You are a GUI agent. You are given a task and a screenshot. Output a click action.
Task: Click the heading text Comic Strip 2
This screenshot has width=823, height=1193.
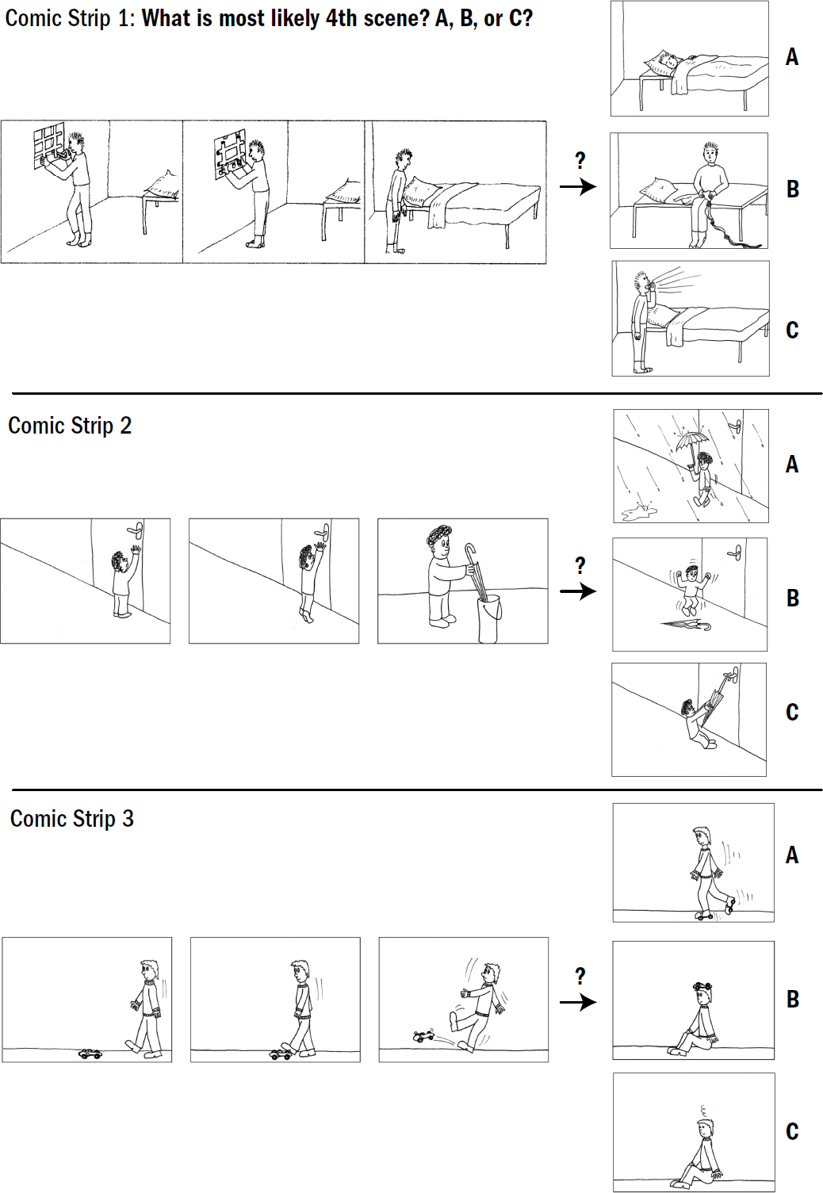pyautogui.click(x=70, y=426)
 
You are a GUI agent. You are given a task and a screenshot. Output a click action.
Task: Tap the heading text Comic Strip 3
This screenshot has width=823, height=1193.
pyautogui.click(x=72, y=819)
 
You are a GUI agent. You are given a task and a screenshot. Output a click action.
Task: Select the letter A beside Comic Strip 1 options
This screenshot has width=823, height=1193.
pyautogui.click(x=792, y=57)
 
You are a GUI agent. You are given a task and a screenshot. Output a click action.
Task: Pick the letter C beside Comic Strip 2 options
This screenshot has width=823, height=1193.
pyautogui.click(x=792, y=712)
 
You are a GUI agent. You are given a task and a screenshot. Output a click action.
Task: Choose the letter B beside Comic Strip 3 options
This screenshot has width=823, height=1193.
pyautogui.click(x=793, y=999)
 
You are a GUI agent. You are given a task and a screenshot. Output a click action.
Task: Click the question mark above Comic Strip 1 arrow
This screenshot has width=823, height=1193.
pyautogui.click(x=580, y=160)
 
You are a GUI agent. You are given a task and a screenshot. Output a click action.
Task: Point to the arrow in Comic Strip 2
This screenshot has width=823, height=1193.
pyautogui.click(x=578, y=591)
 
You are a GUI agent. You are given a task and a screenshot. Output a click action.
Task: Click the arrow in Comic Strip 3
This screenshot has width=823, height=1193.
pyautogui.click(x=578, y=1002)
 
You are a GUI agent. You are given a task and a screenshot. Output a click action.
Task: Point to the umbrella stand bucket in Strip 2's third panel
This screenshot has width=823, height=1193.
pyautogui.click(x=489, y=618)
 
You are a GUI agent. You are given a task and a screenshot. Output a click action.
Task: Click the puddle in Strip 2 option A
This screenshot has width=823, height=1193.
pyautogui.click(x=639, y=513)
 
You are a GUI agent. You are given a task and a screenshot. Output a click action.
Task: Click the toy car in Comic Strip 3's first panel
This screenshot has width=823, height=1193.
pyautogui.click(x=90, y=1053)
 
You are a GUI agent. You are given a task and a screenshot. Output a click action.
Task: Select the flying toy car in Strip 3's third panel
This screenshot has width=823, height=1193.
pyautogui.click(x=424, y=1036)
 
